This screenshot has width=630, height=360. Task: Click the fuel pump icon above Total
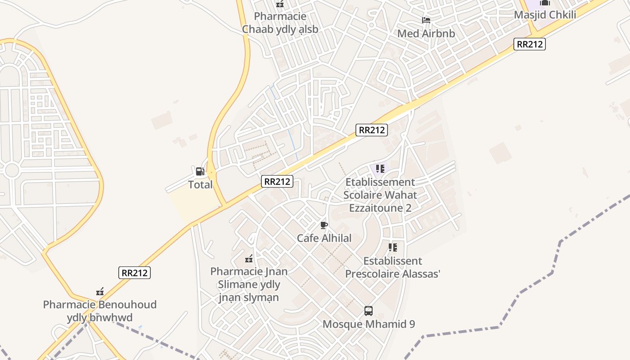(200, 171)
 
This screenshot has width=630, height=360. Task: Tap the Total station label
(200, 184)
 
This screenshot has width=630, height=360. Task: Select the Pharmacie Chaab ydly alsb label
(280, 23)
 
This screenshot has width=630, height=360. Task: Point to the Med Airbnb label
(426, 33)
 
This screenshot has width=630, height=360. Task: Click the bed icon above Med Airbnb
(426, 20)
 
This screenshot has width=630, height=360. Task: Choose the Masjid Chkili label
(545, 15)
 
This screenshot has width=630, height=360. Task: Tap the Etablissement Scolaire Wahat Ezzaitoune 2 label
(380, 195)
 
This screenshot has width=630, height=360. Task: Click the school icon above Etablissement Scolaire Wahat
(380, 169)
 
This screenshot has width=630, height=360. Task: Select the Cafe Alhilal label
(324, 238)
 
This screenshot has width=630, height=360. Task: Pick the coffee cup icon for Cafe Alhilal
(324, 225)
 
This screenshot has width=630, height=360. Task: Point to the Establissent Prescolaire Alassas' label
(392, 267)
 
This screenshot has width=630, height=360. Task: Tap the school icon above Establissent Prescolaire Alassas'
(393, 247)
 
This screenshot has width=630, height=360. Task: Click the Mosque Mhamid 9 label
(369, 324)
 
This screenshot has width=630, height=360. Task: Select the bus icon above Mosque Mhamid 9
(369, 310)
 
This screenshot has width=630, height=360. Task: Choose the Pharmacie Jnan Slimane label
(249, 284)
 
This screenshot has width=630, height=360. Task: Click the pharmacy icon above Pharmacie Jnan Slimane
(248, 259)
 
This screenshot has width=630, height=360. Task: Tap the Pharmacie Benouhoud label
(100, 311)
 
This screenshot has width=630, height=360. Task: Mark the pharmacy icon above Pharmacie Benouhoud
(100, 292)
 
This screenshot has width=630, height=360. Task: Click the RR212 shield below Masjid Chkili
(529, 44)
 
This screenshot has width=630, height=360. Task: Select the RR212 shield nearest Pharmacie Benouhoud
(135, 273)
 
